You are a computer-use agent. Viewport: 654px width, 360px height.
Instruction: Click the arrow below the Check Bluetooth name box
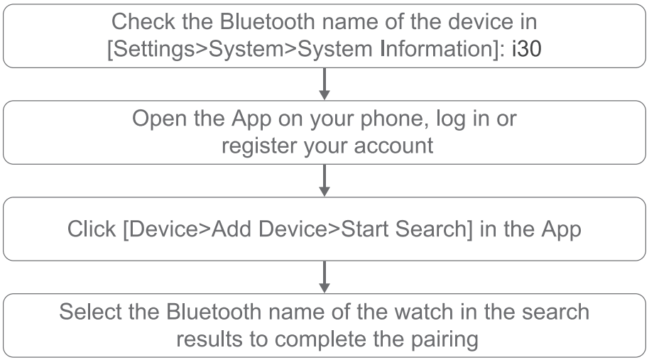[x=325, y=83]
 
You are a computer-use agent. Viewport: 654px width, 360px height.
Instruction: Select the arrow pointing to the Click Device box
[x=325, y=180]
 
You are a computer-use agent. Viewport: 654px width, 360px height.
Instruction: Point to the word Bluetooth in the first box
[x=268, y=21]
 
